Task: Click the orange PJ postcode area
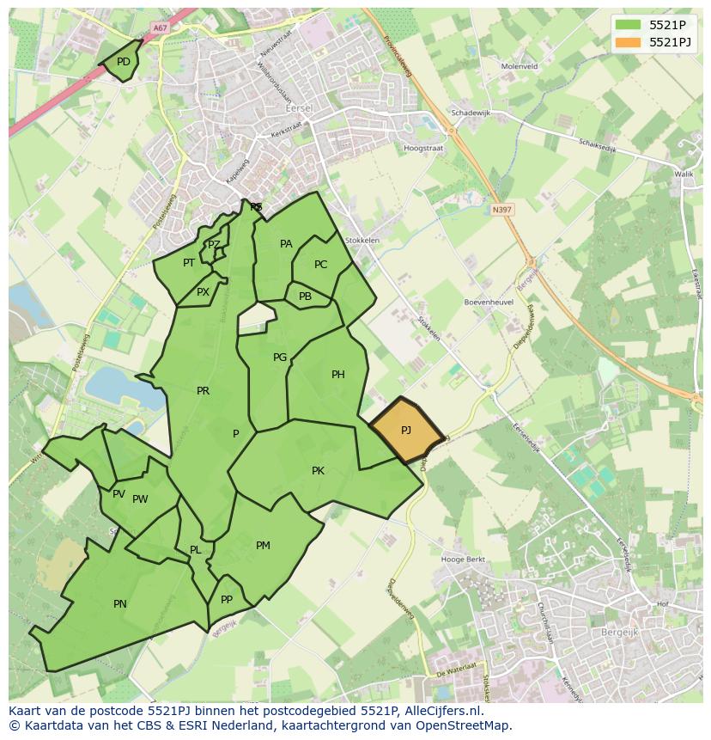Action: click(406, 430)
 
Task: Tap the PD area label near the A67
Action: click(124, 62)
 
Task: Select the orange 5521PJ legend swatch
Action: click(628, 42)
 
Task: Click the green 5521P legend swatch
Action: click(628, 24)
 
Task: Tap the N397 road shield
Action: click(501, 208)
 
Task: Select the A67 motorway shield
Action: click(159, 28)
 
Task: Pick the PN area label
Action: click(120, 604)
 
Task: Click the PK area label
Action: click(318, 471)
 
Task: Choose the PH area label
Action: click(338, 375)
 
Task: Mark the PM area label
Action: click(263, 546)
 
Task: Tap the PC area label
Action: click(320, 265)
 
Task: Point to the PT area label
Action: click(189, 263)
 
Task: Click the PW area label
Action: click(140, 499)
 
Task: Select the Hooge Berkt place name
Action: click(463, 560)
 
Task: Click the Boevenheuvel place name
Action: click(488, 303)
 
